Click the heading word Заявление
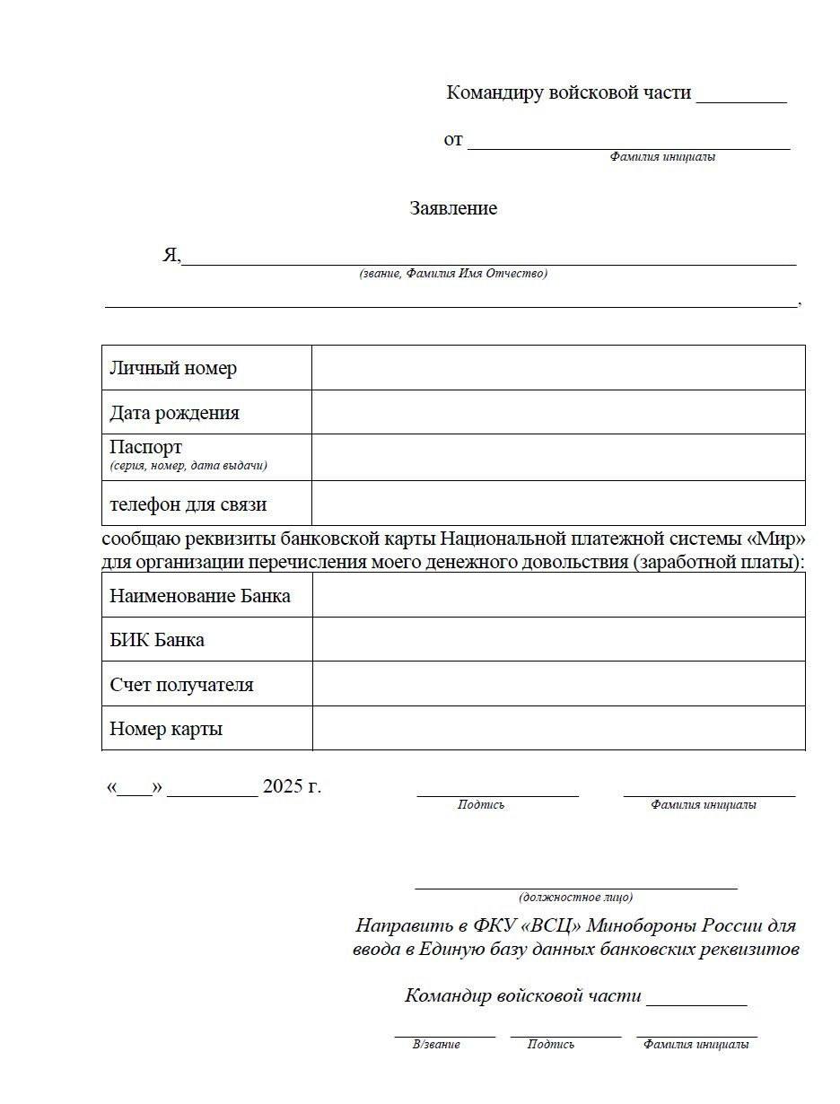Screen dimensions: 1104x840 click(453, 208)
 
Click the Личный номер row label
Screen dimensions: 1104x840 click(173, 368)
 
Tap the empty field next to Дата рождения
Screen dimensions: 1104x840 click(557, 412)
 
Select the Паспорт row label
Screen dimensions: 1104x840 click(145, 447)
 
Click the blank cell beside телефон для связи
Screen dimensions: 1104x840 click(557, 503)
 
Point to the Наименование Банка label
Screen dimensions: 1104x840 click(199, 596)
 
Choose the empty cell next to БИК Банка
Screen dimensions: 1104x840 click(557, 639)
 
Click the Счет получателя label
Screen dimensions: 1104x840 click(181, 685)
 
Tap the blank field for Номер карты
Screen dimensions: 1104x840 click(557, 728)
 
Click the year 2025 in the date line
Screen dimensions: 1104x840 click(283, 787)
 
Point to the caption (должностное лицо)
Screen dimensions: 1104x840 click(575, 897)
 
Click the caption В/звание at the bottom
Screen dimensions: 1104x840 click(436, 1044)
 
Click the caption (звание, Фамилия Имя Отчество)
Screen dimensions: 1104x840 click(453, 274)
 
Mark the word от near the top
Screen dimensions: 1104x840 click(453, 139)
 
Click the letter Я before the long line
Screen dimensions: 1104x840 click(171, 255)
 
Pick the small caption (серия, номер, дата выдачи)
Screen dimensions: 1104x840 click(188, 466)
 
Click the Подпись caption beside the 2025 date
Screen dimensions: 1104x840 click(481, 805)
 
